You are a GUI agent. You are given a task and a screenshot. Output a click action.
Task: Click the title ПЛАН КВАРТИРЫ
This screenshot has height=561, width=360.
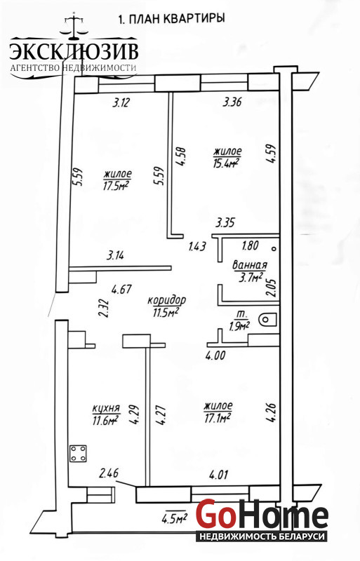coord(177,18)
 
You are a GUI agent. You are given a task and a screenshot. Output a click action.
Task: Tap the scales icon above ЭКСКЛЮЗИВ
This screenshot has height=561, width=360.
coord(74,26)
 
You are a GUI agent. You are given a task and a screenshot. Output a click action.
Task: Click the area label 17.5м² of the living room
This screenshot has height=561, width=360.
coord(116,186)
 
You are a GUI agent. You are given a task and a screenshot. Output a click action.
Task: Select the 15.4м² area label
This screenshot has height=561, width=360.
coord(226,163)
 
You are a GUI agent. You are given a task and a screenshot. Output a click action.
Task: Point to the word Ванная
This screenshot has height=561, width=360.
coord(250,265)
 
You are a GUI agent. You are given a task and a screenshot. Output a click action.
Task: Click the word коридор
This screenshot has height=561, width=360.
coord(166,300)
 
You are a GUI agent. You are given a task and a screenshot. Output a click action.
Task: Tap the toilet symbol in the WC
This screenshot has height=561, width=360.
coord(267,320)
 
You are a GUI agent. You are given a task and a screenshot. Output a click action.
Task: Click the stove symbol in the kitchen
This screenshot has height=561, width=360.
coord(78,453)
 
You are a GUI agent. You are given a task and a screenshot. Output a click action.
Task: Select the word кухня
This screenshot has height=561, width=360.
coord(106,409)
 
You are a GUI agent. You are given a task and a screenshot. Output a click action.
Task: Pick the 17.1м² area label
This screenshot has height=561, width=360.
coord(218,417)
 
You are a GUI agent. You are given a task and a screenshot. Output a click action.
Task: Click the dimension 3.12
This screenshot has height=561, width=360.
coord(121,103)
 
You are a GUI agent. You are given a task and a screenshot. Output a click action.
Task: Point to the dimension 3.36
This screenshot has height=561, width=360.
coord(232,102)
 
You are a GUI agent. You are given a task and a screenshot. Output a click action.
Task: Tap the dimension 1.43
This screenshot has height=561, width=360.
coord(196,246)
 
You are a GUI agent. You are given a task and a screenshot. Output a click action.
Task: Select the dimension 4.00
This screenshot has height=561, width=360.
coord(215,355)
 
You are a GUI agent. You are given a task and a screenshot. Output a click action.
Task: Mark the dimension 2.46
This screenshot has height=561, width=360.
coord(109,474)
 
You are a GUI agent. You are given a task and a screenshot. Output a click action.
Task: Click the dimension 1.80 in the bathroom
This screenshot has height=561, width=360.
coord(250,246)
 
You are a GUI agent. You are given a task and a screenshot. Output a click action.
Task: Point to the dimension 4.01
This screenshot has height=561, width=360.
coord(218,475)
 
